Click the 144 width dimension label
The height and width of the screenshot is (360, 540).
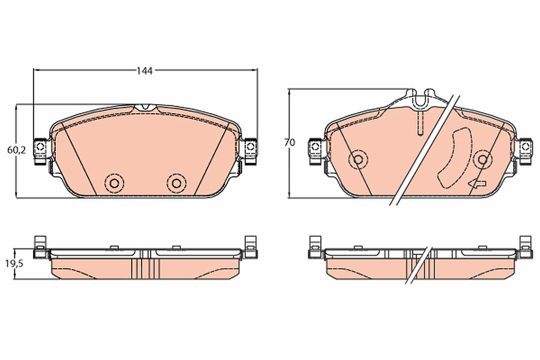click(x=144, y=71)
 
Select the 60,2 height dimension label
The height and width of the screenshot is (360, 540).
click(x=16, y=150)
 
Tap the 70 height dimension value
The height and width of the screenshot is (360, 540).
click(x=289, y=143)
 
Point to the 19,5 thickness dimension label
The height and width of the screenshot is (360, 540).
click(x=14, y=264)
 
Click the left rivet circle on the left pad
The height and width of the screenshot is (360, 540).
click(x=114, y=183)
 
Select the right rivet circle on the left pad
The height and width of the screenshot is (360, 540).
click(x=176, y=183)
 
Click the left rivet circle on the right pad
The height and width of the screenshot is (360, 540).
click(x=358, y=159)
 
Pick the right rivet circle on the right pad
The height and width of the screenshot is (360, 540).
click(x=482, y=159)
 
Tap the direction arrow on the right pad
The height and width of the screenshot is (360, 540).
click(x=477, y=184)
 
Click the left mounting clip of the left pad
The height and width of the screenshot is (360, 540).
click(x=40, y=151)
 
